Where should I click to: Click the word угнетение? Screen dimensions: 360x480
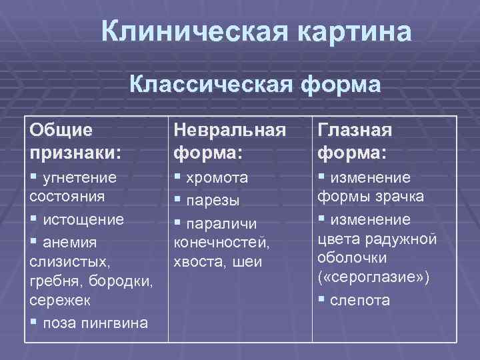point(79,178)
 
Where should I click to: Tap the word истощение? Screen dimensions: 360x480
point(83,219)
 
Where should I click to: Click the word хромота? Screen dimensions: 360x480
point(217,178)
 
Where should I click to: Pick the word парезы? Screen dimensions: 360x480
point(212,200)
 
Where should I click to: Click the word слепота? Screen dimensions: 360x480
point(361,300)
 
